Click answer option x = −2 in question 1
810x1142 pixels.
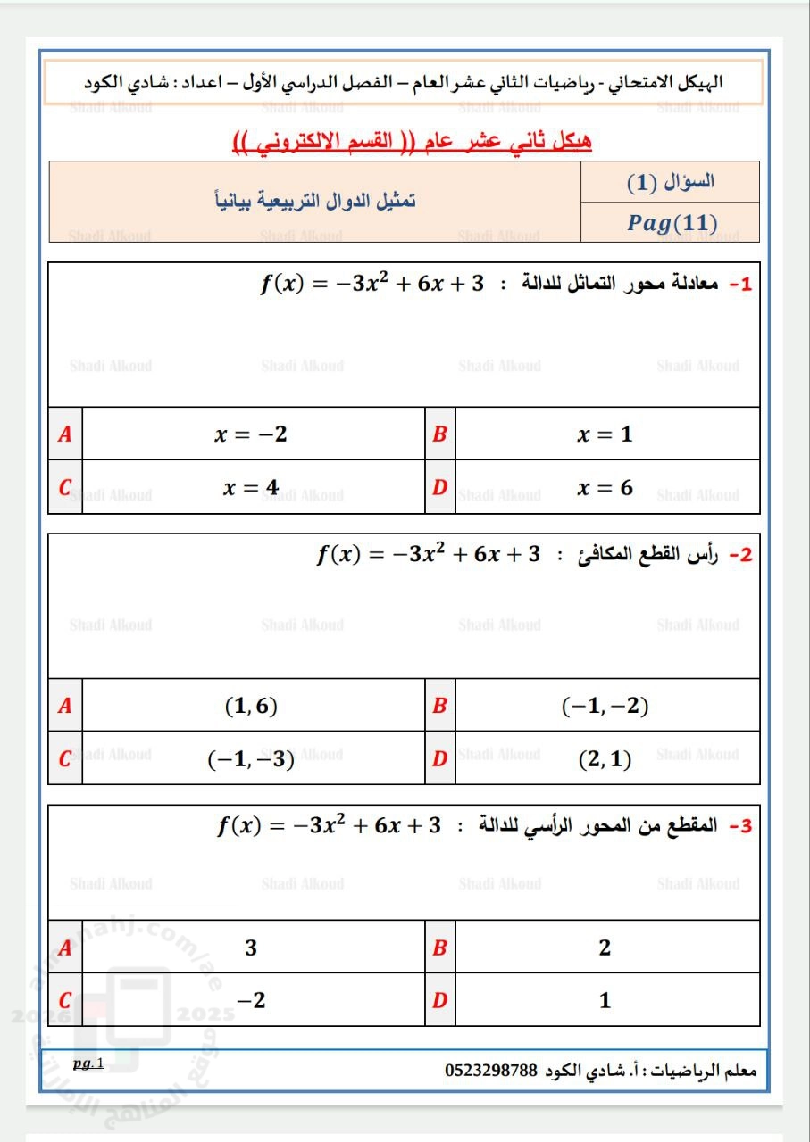click(x=251, y=434)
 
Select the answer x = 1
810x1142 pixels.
click(x=605, y=434)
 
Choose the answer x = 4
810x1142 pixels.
click(x=251, y=487)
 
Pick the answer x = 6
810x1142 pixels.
click(x=605, y=488)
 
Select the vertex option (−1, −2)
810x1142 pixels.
click(x=605, y=707)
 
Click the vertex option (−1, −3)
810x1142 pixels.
click(x=251, y=759)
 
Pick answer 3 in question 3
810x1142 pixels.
click(x=251, y=948)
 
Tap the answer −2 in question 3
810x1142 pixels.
click(x=251, y=1000)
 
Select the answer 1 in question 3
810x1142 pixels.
click(x=605, y=1000)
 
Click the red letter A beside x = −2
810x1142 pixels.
click(x=64, y=434)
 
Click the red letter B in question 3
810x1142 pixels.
click(x=438, y=948)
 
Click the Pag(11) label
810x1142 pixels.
click(x=672, y=223)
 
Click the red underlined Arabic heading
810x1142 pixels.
click(x=412, y=143)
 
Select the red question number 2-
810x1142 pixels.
click(x=741, y=555)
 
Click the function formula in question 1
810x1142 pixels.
click(x=372, y=285)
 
